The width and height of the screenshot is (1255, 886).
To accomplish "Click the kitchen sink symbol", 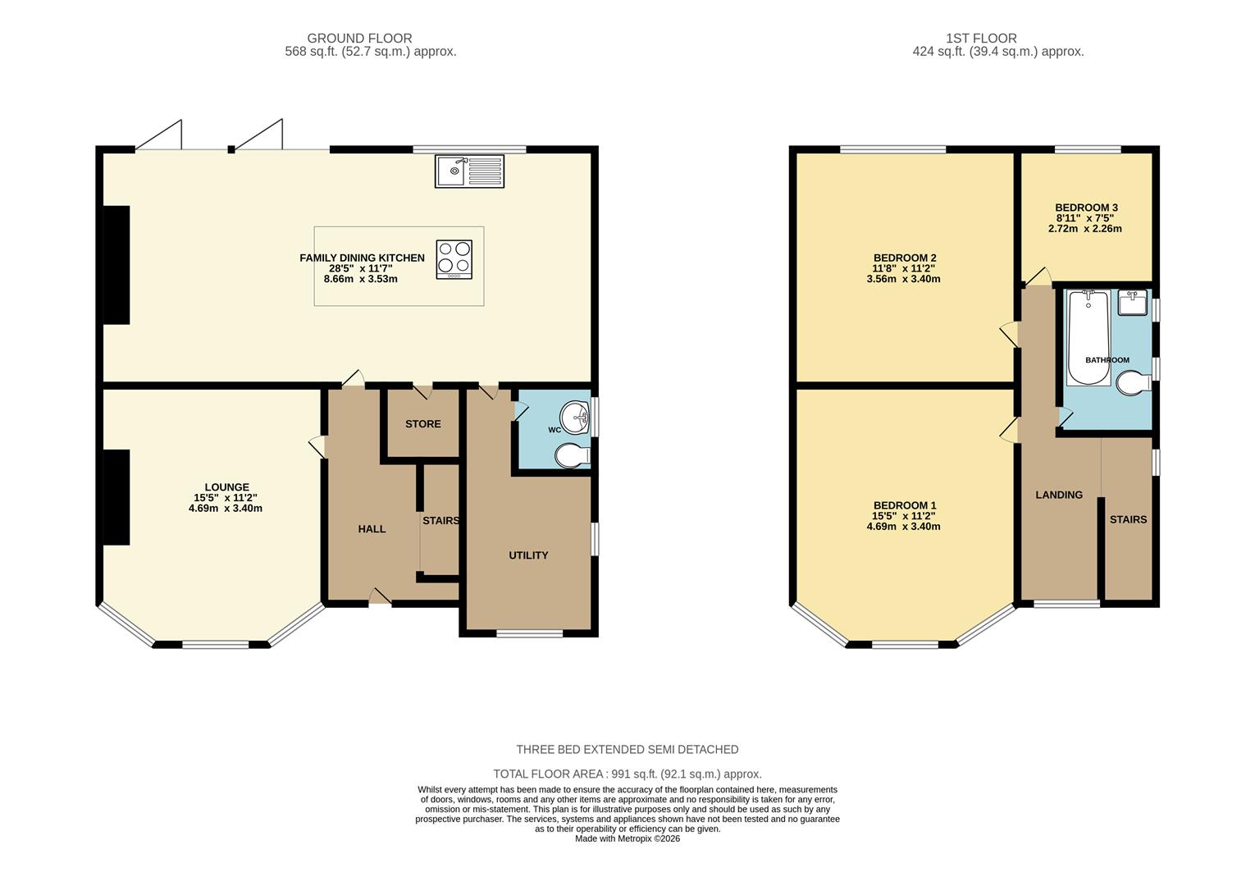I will pyautogui.click(x=471, y=171).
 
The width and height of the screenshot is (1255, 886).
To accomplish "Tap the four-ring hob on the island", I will pyautogui.click(x=454, y=258).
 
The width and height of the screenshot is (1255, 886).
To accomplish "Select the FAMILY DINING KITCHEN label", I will pyautogui.click(x=362, y=258).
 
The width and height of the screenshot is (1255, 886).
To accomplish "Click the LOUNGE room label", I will pyautogui.click(x=226, y=487).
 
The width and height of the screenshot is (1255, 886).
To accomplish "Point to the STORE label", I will pyautogui.click(x=423, y=424).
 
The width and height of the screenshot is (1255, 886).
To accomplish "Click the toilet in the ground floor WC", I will pyautogui.click(x=572, y=456).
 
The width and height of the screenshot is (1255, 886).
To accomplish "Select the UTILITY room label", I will pyautogui.click(x=528, y=555).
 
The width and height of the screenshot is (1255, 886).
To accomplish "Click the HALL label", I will pyautogui.click(x=372, y=529).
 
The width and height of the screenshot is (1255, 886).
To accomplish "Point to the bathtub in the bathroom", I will pyautogui.click(x=1088, y=337).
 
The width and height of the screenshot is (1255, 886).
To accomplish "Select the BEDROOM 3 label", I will pyautogui.click(x=1086, y=208).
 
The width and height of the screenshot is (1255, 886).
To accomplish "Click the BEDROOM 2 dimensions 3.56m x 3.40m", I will pyautogui.click(x=903, y=279).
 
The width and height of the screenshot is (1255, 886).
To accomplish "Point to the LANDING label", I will pyautogui.click(x=1058, y=495).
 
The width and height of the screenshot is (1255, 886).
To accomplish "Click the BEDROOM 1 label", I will pyautogui.click(x=904, y=505).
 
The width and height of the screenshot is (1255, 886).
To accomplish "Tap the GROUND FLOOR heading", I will pyautogui.click(x=359, y=38).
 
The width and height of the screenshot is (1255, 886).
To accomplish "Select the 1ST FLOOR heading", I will pyautogui.click(x=980, y=38).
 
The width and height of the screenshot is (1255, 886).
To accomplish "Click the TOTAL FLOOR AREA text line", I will pyautogui.click(x=627, y=774).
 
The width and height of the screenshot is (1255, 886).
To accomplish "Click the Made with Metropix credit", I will pyautogui.click(x=627, y=838).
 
